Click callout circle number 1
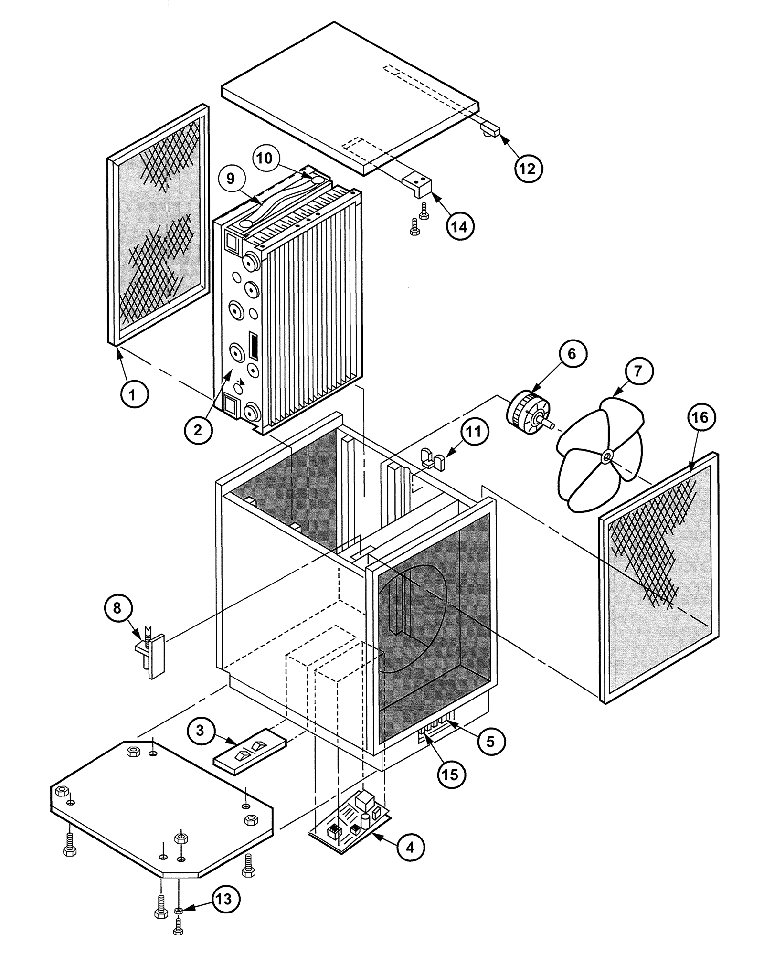coord(134,395)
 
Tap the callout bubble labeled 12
coord(528,168)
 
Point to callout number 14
coord(460,226)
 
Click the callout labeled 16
coord(700,417)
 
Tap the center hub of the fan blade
coord(606,456)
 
